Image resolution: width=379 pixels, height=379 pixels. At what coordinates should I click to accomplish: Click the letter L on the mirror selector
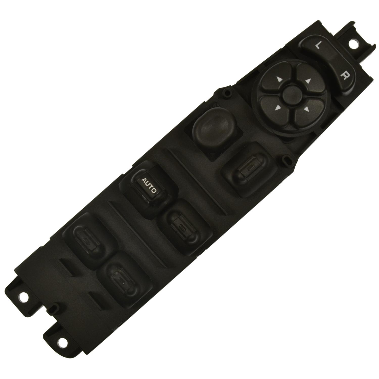pyautogui.click(x=318, y=45)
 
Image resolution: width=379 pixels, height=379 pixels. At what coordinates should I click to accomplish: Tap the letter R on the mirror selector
pyautogui.click(x=344, y=76)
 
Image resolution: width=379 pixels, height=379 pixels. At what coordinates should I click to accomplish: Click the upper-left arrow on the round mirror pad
pyautogui.click(x=279, y=80)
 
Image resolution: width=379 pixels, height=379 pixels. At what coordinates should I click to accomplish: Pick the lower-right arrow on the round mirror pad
pyautogui.click(x=306, y=109)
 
